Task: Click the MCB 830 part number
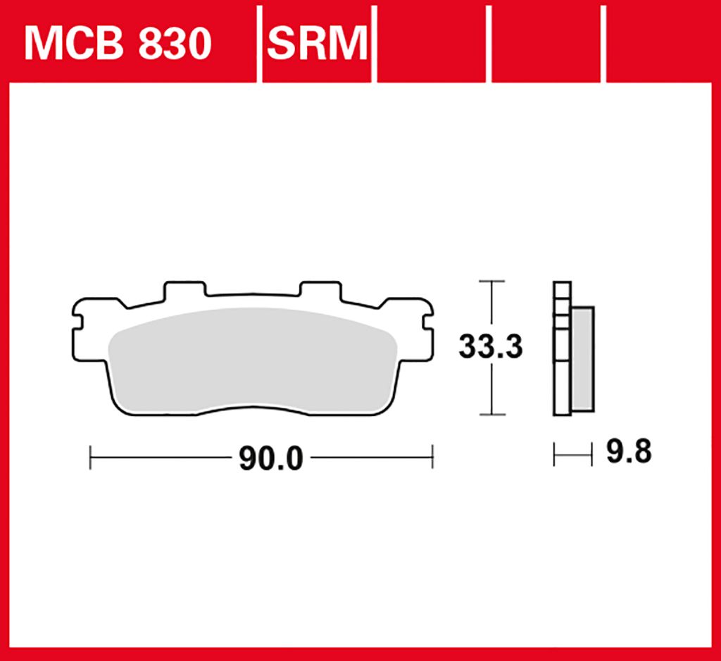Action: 118,43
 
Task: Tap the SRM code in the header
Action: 318,43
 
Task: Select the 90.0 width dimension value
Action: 271,458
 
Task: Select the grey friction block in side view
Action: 582,358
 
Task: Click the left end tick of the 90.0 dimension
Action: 90,458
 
